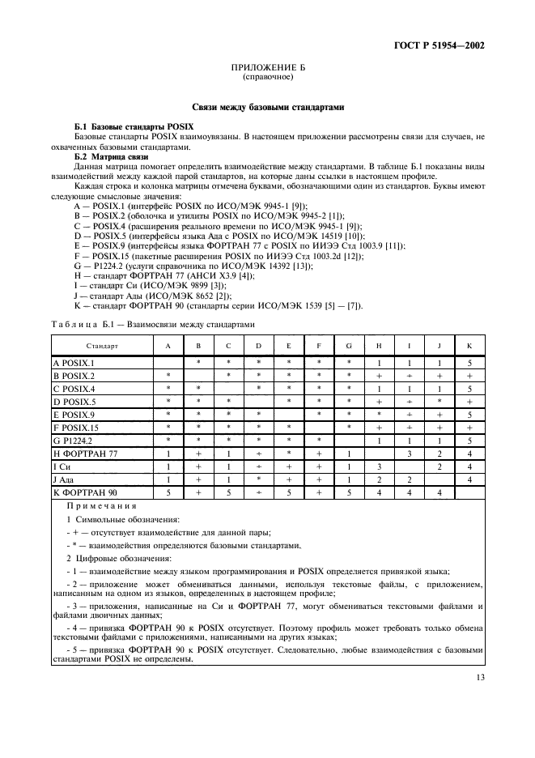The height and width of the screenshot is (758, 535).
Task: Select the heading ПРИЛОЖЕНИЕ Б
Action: (x=267, y=69)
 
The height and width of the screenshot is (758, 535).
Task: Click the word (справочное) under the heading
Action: (x=267, y=78)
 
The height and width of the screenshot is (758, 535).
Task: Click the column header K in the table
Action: (x=469, y=346)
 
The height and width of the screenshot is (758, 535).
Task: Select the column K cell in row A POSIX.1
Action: (x=469, y=364)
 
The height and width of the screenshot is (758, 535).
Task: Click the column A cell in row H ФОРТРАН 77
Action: (x=168, y=454)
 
